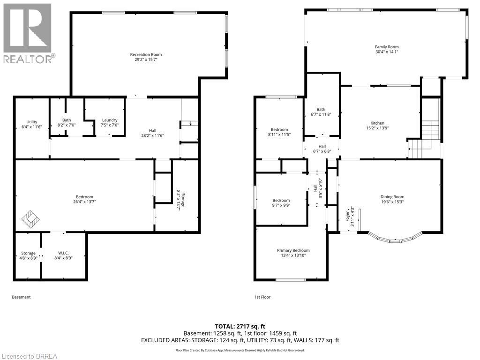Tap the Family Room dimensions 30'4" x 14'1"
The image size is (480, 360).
point(387,52)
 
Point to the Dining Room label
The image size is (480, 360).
point(393,197)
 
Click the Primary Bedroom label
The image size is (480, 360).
point(293,250)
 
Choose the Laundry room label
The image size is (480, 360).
point(110,120)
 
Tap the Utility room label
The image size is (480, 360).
point(32,122)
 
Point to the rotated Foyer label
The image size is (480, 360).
point(347,216)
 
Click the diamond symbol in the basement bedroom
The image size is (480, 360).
point(31,219)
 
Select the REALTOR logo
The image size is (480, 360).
point(28,33)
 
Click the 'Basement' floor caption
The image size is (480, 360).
point(21,297)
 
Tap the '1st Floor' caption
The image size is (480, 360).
point(262,297)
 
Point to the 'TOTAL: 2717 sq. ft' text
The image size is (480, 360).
point(240,326)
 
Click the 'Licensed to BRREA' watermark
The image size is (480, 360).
point(29,356)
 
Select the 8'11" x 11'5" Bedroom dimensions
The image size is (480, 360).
point(279,135)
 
